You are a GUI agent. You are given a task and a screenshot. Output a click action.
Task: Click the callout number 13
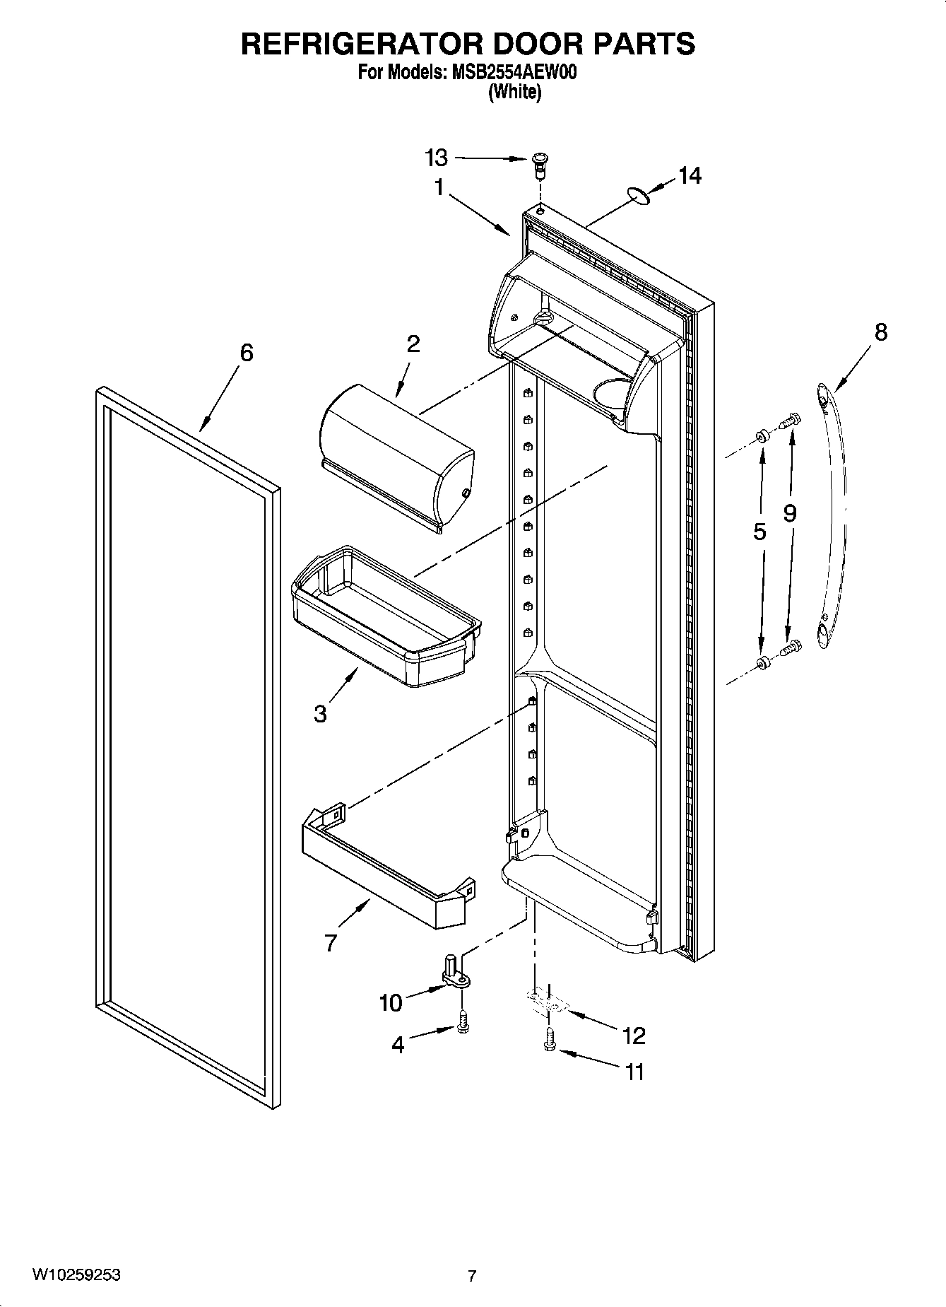[437, 158]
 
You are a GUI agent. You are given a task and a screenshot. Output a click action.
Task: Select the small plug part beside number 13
[540, 165]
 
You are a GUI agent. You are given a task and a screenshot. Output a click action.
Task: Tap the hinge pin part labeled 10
[452, 970]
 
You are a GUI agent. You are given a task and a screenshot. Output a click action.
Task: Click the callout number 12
[634, 1036]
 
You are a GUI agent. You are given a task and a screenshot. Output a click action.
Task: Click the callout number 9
[789, 513]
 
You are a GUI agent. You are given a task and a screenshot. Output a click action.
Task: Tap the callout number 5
[759, 532]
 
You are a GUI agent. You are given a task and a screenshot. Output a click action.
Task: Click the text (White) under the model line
[514, 92]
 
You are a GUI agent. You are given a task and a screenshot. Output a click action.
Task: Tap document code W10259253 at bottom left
[76, 1274]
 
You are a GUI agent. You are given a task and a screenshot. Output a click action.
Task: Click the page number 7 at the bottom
[472, 1276]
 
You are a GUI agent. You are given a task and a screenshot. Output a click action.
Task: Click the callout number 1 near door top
[439, 187]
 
